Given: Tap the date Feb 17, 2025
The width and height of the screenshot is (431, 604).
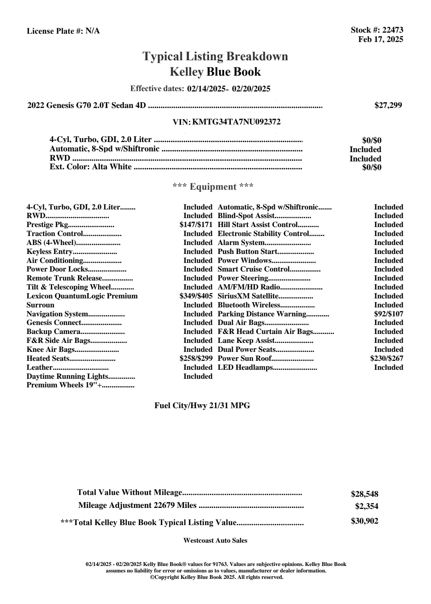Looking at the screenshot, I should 380,39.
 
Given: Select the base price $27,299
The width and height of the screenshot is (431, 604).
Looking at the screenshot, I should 388,105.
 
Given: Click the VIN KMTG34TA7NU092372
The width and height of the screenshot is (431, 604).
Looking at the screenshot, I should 236,122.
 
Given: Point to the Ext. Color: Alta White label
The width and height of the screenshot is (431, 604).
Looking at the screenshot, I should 90,167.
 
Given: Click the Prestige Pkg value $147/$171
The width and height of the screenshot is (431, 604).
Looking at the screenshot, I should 196,225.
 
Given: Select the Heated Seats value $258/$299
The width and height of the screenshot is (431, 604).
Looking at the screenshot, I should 196,358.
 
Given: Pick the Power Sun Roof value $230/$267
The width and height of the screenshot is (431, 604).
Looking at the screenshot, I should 387,358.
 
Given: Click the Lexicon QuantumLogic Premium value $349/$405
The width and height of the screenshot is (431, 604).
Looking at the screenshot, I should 196,296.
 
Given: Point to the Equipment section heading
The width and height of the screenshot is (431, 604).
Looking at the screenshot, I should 213,187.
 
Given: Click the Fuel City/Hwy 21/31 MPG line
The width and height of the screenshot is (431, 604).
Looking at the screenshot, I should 202,406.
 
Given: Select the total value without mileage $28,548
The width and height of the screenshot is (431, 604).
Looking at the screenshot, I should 364,494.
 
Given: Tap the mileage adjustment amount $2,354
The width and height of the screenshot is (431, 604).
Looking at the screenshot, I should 366,506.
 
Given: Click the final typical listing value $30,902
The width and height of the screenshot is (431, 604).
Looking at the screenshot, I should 364,521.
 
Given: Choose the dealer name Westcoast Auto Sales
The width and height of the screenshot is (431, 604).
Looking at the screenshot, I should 215,541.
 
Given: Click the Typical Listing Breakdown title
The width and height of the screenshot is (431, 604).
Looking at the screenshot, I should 215,57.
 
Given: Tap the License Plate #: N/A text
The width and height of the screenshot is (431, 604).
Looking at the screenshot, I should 63,31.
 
